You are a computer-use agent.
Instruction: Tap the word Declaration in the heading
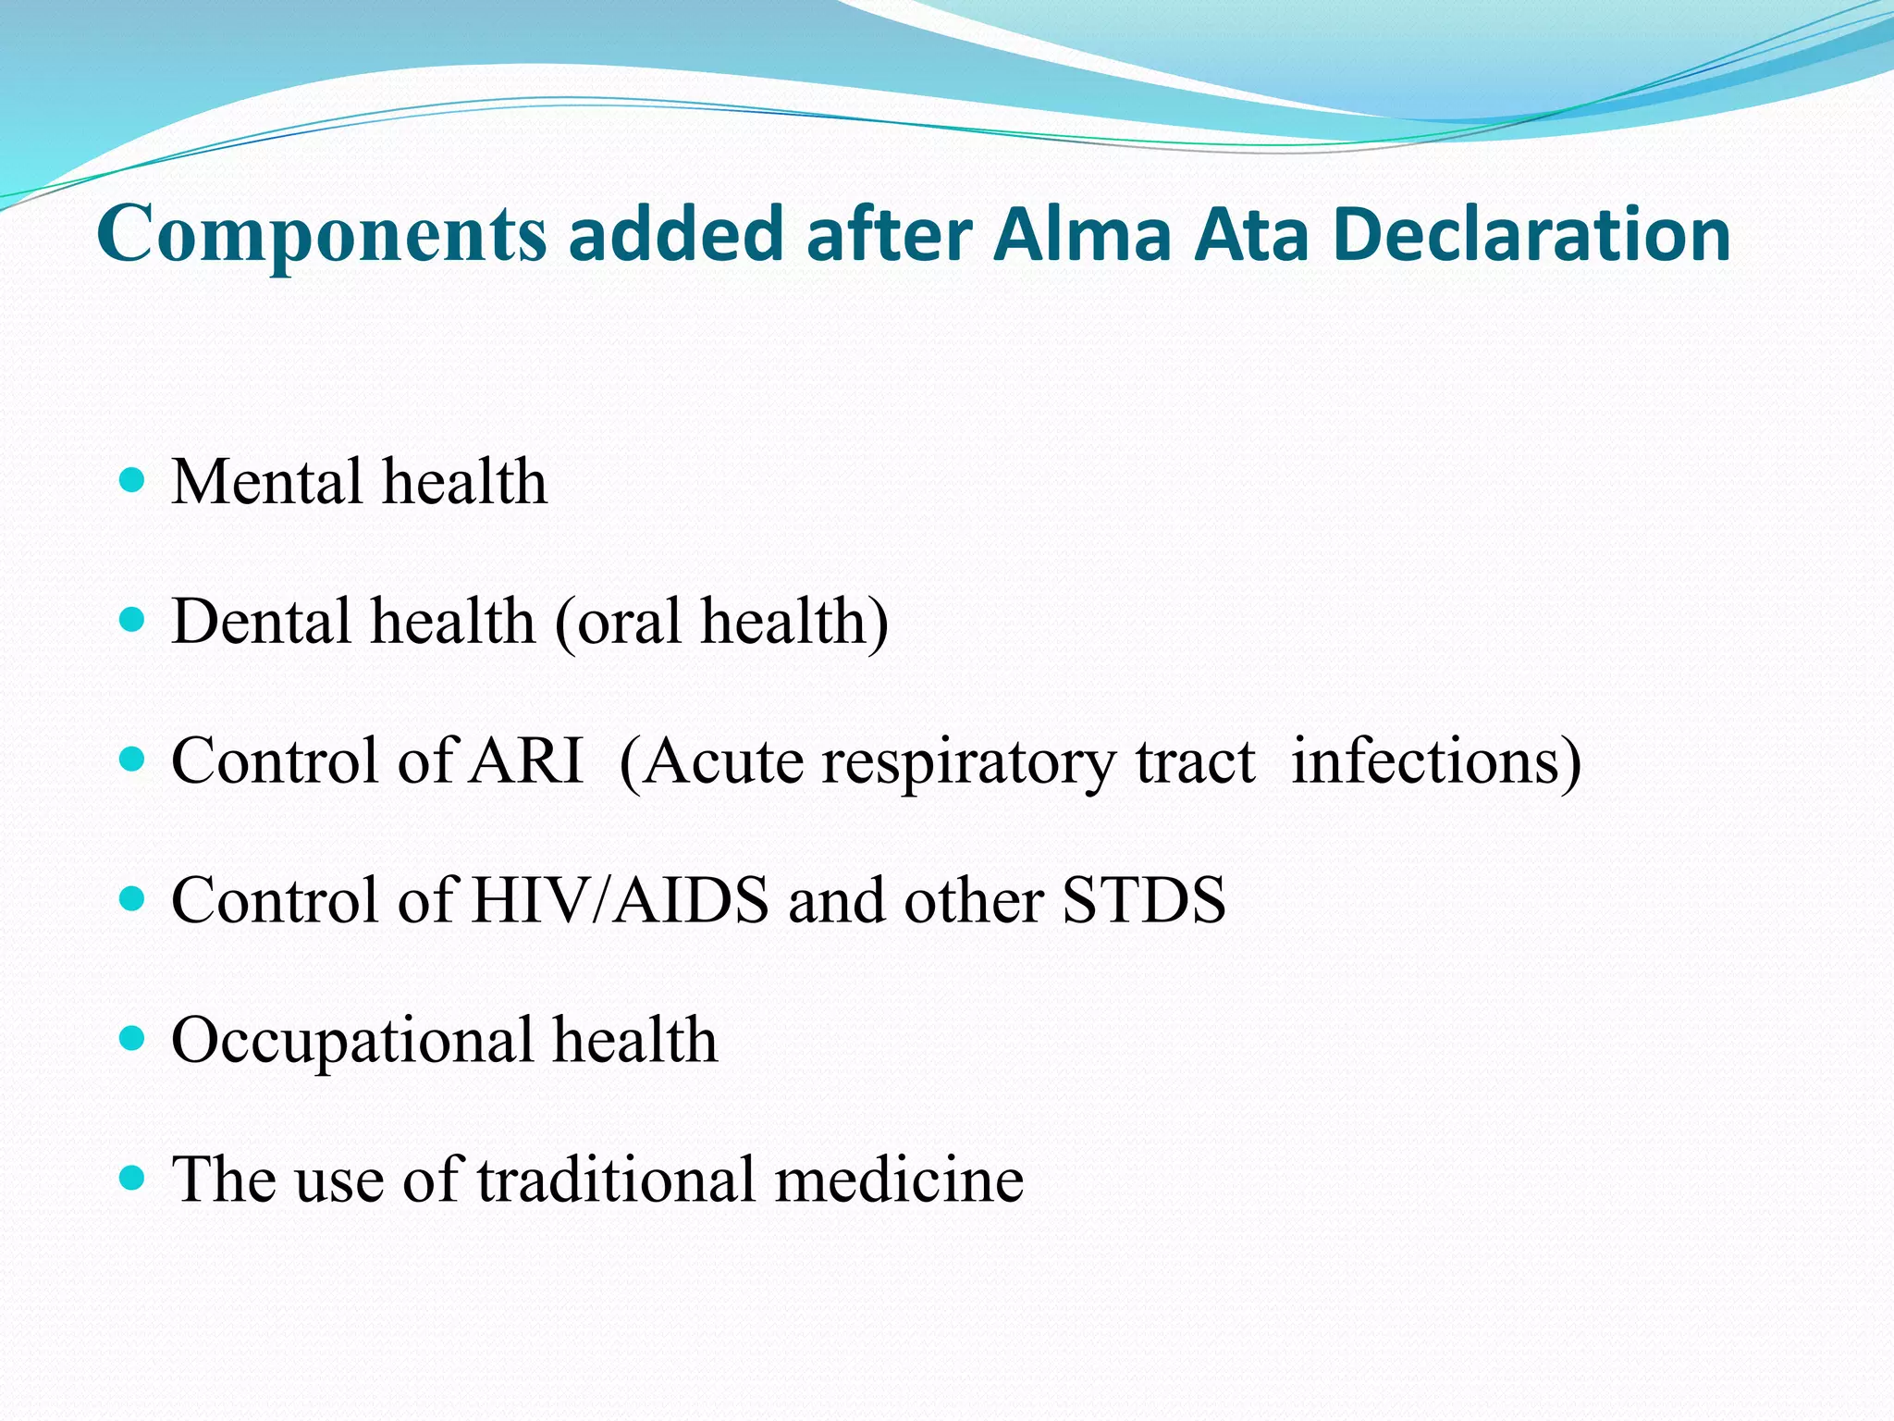(1532, 234)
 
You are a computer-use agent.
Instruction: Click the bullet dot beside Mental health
(133, 480)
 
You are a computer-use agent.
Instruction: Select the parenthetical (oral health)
(721, 623)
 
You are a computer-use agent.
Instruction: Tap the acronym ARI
(526, 760)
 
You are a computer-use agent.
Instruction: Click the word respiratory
(969, 764)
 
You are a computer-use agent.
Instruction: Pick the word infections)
(1435, 762)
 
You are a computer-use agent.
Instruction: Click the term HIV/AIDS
(619, 900)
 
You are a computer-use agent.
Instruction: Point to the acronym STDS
(1144, 900)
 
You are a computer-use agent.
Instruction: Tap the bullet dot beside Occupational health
(133, 1038)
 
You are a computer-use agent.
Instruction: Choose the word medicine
(899, 1180)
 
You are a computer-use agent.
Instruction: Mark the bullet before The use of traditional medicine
(133, 1178)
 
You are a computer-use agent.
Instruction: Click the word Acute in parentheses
(712, 762)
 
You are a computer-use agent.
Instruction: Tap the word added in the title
(676, 234)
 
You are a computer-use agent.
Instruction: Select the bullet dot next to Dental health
(133, 619)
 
